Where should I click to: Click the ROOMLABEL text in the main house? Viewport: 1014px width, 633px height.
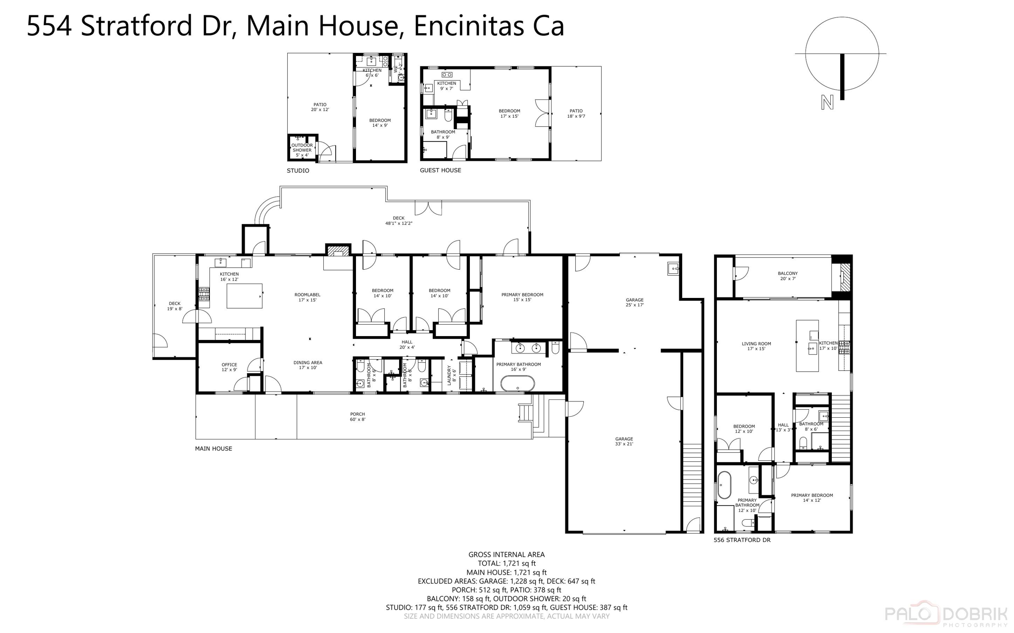(307, 294)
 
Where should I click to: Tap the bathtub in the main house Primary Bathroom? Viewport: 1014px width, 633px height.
(517, 384)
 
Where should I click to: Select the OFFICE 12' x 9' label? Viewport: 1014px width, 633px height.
(229, 367)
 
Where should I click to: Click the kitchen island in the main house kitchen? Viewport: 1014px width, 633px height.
(244, 296)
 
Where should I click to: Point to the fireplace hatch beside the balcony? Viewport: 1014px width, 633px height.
(845, 277)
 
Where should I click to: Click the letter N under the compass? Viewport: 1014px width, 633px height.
(827, 102)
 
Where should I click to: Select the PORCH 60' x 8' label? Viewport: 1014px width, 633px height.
(357, 417)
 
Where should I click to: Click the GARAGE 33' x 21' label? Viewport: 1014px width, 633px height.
(624, 441)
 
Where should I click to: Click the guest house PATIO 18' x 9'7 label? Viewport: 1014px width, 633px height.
(576, 113)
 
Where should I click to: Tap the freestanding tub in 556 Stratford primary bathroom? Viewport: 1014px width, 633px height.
(724, 485)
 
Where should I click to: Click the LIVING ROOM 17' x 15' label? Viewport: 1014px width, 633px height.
(756, 346)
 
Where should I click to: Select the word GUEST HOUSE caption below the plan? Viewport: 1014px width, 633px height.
(440, 170)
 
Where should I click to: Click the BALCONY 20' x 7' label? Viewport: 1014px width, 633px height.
(787, 276)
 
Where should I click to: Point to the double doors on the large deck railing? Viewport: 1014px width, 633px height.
(428, 208)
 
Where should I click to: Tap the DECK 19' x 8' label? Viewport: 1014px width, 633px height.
(174, 306)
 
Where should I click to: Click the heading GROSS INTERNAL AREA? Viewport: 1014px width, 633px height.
(507, 554)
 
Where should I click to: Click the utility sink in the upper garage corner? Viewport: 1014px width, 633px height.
(673, 268)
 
